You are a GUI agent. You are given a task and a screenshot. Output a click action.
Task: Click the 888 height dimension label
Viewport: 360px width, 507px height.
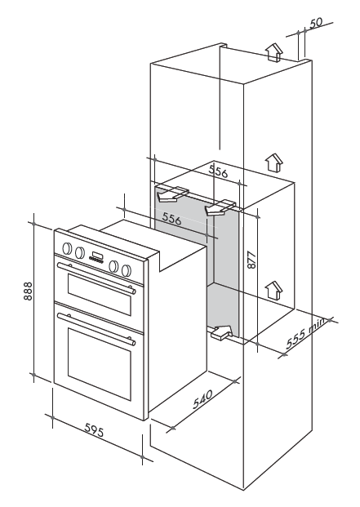click(28, 291)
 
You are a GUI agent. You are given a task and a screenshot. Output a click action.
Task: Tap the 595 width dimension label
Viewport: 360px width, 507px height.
click(94, 430)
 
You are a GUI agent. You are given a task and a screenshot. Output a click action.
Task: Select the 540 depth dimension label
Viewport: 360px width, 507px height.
click(203, 399)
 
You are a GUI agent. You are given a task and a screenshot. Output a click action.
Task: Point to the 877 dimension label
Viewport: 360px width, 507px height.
click(251, 260)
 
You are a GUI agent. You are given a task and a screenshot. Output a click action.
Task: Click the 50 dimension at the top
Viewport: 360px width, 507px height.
click(316, 24)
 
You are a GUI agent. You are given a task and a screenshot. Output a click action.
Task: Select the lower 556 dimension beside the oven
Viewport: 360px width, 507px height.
click(171, 219)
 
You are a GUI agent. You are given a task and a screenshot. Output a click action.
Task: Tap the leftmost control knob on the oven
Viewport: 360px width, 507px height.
click(67, 248)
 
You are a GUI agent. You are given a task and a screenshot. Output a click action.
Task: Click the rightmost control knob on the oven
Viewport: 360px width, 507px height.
click(127, 269)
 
